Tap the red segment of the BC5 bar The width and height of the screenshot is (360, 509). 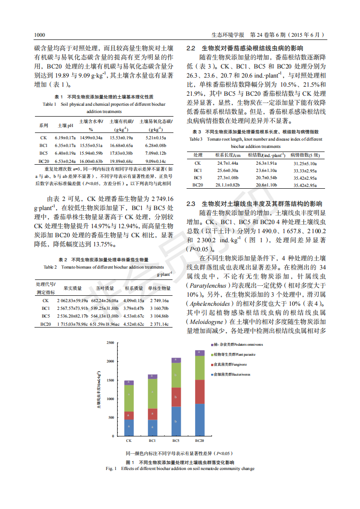(176, 397)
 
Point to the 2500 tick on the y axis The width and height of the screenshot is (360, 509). (109, 343)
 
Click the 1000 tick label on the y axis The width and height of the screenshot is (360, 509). (109, 399)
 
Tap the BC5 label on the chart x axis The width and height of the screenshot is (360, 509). (176, 440)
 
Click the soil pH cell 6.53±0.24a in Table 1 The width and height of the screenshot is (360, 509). (65, 161)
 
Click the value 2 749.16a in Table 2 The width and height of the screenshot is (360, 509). (159, 300)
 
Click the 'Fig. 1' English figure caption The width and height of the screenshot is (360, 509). (180, 468)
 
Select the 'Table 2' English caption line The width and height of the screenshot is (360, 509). (103, 267)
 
